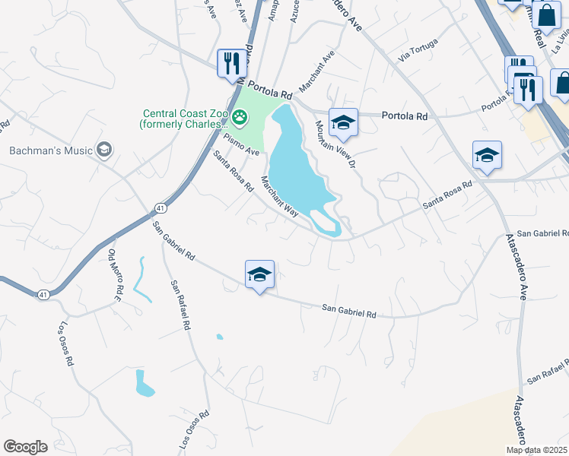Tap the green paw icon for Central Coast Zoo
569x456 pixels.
(x=240, y=116)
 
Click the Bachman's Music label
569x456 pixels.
(x=49, y=150)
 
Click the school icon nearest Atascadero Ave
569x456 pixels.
(x=487, y=156)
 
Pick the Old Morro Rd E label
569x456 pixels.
(x=115, y=275)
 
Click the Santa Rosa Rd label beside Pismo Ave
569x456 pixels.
(x=233, y=171)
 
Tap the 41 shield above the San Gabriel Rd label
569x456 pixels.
(x=160, y=207)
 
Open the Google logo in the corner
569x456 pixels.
(x=25, y=447)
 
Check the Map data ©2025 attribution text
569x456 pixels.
(x=537, y=450)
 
